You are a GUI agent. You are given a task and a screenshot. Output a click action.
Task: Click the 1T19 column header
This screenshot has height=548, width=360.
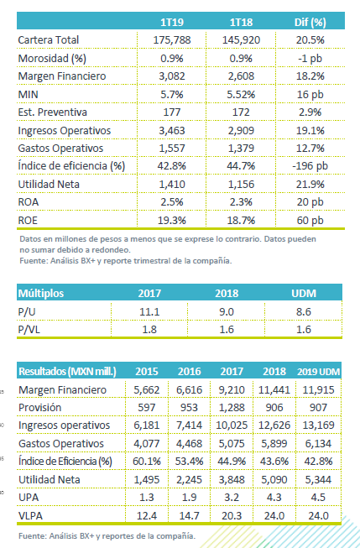click(x=172, y=22)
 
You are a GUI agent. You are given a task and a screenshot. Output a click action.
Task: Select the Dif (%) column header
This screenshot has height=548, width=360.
click(x=310, y=22)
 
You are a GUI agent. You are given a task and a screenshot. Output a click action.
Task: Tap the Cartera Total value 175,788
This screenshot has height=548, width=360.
click(x=172, y=39)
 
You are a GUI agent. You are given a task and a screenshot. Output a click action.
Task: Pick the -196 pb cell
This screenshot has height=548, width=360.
click(x=310, y=165)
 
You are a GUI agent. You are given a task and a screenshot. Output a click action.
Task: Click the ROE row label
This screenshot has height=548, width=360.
click(x=28, y=220)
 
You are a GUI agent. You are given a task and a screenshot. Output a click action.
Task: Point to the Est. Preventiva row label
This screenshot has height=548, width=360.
click(x=52, y=112)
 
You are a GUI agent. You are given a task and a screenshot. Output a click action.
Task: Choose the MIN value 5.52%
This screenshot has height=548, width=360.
click(x=241, y=94)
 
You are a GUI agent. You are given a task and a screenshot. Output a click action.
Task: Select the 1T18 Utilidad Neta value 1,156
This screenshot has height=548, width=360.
click(x=241, y=184)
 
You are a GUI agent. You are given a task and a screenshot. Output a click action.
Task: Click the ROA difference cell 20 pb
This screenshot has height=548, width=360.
click(x=310, y=202)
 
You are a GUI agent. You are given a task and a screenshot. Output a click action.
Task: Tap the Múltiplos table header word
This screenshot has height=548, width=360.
click(x=41, y=293)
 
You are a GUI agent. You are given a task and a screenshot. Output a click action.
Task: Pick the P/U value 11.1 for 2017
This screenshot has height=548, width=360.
click(x=149, y=311)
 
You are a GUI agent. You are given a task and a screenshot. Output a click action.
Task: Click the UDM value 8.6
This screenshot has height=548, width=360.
click(x=304, y=311)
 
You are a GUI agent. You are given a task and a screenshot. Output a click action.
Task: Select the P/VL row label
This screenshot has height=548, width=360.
click(x=29, y=330)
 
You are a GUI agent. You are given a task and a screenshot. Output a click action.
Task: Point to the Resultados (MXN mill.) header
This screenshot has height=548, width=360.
click(x=67, y=371)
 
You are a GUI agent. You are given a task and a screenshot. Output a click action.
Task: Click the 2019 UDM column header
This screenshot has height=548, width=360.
click(x=318, y=372)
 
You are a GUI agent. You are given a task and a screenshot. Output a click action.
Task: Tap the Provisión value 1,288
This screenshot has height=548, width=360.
click(x=232, y=408)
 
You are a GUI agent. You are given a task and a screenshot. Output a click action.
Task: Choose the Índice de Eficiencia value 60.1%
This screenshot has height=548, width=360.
click(x=147, y=462)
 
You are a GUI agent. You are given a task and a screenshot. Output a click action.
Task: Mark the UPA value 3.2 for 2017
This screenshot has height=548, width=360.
click(x=232, y=498)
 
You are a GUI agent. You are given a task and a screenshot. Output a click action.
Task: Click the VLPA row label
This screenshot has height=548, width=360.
click(x=30, y=515)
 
